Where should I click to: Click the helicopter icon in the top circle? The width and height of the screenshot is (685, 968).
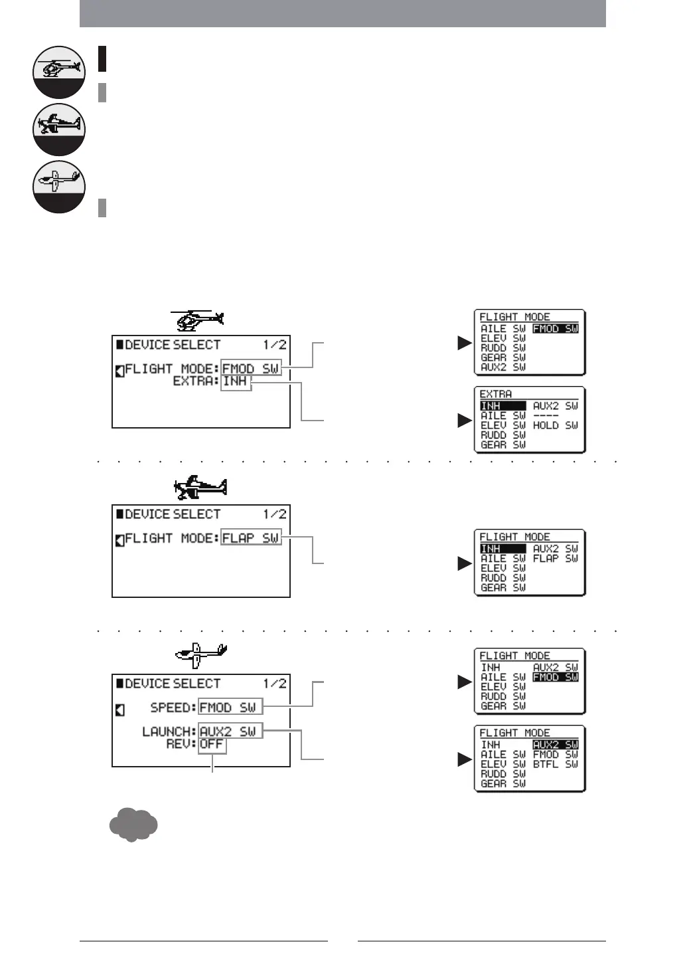click(59, 68)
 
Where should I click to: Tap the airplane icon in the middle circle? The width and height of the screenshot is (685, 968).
click(59, 125)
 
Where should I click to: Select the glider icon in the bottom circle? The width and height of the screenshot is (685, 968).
click(59, 181)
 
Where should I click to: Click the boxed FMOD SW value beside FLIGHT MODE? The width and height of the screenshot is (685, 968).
click(251, 368)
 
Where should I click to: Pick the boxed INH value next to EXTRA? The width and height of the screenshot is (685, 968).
click(236, 381)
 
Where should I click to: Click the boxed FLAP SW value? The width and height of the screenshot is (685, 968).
click(251, 537)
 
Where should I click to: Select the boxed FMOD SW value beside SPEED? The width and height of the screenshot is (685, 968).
click(230, 707)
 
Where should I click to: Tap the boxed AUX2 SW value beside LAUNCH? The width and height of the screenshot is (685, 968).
click(230, 731)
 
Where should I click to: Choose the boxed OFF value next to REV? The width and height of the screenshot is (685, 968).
click(212, 744)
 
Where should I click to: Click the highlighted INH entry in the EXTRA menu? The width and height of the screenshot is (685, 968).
click(502, 406)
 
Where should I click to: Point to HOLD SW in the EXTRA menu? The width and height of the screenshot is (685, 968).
click(555, 425)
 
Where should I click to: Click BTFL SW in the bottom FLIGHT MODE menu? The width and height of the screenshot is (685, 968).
click(555, 764)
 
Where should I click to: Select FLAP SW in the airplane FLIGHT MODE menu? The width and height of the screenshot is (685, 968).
click(555, 559)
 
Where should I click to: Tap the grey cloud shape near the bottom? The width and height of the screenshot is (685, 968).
click(133, 825)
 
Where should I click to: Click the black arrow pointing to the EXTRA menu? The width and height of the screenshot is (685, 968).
click(465, 421)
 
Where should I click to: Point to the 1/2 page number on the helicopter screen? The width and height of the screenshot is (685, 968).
click(274, 345)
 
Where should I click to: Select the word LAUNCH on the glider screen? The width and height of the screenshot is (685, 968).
click(169, 731)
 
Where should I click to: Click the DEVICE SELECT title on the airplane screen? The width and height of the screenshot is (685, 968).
click(172, 514)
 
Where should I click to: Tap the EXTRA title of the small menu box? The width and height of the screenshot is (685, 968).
click(496, 394)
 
